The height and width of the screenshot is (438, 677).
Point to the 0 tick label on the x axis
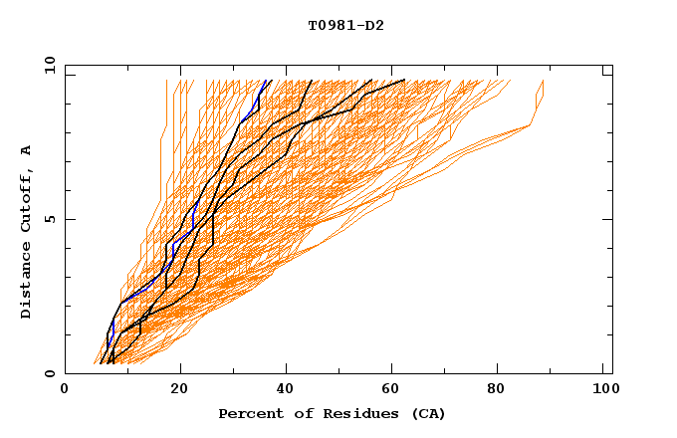[x=65, y=391]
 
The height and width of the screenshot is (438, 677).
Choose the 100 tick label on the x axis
[x=603, y=391]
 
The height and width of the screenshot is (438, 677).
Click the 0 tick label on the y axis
[x=50, y=374]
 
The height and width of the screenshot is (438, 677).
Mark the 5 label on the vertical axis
[x=50, y=219]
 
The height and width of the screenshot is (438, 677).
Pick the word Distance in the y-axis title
[x=27, y=281]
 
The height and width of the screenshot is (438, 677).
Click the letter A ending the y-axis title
[x=27, y=149]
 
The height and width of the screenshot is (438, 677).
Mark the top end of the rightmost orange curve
[x=544, y=80]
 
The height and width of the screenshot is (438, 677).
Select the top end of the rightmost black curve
[x=405, y=80]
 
